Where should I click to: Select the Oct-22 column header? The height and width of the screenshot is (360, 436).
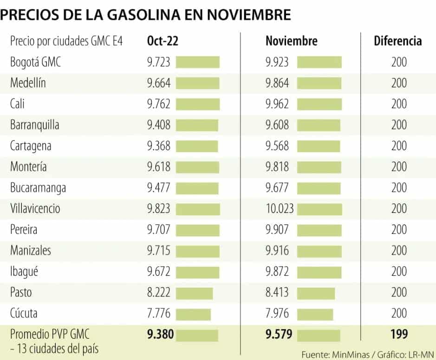coord(163,41)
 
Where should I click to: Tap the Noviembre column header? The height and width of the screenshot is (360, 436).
coord(291,41)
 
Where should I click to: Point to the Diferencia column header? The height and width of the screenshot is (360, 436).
coord(398,41)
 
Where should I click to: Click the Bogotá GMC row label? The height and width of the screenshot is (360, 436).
coord(35,62)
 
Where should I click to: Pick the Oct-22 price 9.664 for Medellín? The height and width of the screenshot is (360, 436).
coord(159,83)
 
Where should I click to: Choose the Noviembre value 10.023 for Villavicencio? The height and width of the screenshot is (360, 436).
coord(280,209)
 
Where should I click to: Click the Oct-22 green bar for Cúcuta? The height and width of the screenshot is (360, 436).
coord(193,314)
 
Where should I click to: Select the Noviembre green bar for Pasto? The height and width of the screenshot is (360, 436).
coord(316,293)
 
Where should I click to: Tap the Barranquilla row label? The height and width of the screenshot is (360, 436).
coord(34,125)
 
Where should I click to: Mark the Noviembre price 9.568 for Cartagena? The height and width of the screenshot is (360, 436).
coord(277,146)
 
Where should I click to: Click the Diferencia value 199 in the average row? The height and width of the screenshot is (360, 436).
coord(399,334)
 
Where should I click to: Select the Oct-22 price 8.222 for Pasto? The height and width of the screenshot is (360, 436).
coord(159,293)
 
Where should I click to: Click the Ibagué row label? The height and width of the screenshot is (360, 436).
coord(24,272)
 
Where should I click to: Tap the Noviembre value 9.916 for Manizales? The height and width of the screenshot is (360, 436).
coord(277,251)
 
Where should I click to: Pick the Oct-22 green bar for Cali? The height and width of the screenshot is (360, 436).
coord(197,104)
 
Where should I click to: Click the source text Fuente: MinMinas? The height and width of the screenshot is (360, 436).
coord(332,354)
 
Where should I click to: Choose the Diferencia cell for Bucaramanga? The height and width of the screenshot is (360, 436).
coord(399,188)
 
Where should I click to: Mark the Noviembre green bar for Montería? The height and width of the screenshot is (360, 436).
coord(319,167)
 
